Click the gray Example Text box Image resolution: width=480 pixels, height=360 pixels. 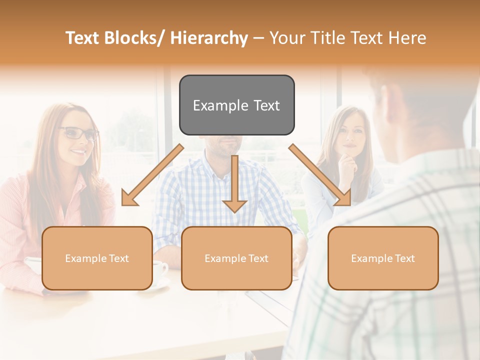(x=236, y=105)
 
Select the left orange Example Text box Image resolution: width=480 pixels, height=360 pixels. (x=97, y=258)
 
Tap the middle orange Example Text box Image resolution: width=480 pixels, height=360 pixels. (x=236, y=258)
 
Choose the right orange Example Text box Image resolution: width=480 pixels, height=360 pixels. (x=383, y=258)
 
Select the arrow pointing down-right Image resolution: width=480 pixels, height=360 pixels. (x=320, y=175)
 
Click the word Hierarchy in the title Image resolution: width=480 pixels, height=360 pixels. (x=209, y=38)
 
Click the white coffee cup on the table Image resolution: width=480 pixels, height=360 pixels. (x=159, y=271)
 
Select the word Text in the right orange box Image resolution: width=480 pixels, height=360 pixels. (x=404, y=258)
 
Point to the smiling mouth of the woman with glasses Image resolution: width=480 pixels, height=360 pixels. (x=79, y=150)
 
